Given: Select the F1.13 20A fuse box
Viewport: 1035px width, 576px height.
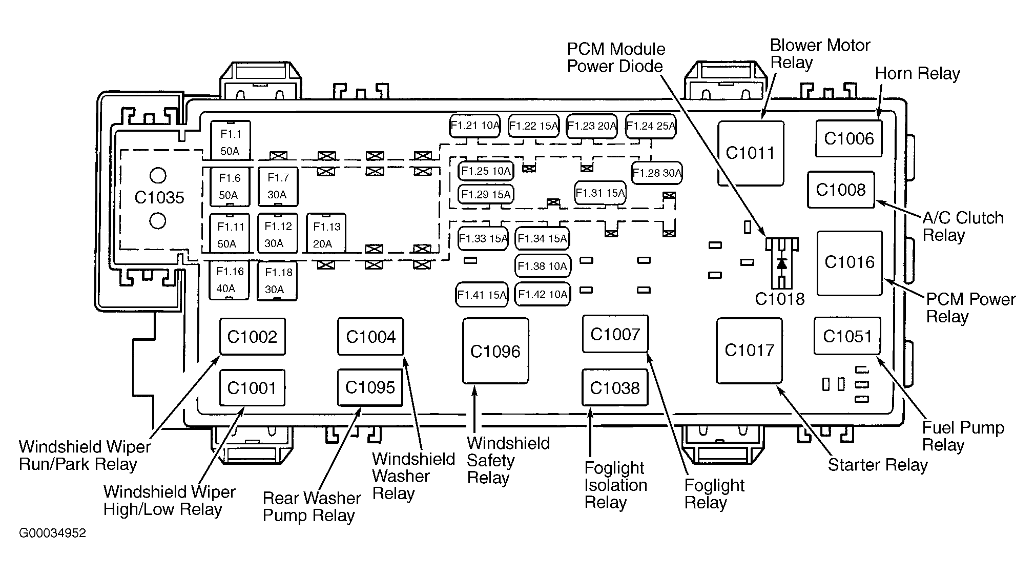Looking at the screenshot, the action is (326, 233).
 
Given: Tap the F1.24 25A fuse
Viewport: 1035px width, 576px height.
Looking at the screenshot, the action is (651, 126).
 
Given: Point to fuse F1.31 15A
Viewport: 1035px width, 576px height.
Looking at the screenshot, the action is (600, 193).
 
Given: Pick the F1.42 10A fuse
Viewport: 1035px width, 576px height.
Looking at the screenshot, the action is (543, 295).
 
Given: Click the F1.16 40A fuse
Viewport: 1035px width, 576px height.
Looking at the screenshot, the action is (229, 280).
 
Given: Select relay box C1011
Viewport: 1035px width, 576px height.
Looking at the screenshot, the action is (751, 153).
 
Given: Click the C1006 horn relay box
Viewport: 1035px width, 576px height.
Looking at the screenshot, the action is (848, 138).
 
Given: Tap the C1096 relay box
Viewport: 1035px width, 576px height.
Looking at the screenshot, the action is (495, 351).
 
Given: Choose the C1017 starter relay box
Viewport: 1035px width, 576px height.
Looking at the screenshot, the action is (749, 351).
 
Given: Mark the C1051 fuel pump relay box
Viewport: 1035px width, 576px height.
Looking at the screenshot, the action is (847, 336).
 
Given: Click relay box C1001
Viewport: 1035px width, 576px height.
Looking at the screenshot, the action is (252, 388).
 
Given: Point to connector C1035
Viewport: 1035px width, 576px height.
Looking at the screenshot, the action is (159, 198).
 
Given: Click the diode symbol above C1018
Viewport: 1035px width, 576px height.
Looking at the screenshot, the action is (781, 263).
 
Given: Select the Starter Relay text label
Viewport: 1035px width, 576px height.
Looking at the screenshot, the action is (878, 465).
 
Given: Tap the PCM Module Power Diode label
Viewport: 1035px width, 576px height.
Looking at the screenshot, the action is (616, 58).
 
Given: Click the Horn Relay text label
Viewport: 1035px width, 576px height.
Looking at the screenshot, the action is (917, 73).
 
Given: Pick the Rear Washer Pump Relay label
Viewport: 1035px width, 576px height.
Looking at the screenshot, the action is (312, 507).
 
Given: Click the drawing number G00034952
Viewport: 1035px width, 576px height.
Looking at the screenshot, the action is (53, 533).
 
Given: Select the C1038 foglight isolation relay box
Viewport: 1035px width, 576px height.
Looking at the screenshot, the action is (615, 388).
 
